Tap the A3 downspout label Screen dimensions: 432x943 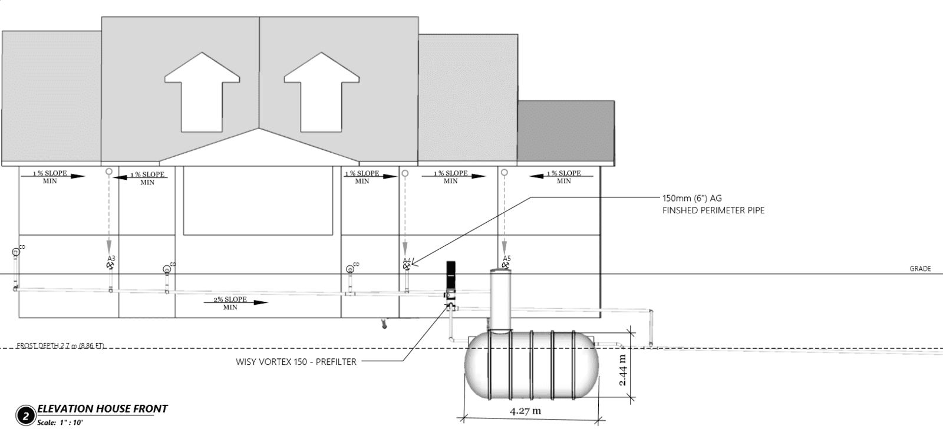tap(111, 259)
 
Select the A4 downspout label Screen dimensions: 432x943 tap(407, 260)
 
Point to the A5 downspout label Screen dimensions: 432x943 tap(507, 259)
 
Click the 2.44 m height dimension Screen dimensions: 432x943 tap(624, 370)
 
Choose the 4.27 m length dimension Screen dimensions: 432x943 tap(525, 411)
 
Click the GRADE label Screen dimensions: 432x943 tap(920, 269)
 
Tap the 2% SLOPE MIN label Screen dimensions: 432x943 tap(230, 303)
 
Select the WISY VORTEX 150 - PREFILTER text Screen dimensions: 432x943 tap(296, 362)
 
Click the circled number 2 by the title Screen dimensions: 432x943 tap(25, 415)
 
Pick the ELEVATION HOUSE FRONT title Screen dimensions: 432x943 tap(103, 408)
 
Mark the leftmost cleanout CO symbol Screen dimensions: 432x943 tap(16, 252)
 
